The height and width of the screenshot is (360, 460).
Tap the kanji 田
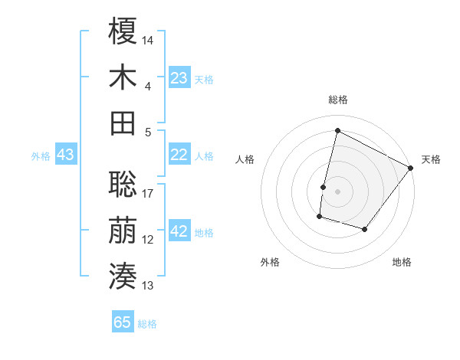123,123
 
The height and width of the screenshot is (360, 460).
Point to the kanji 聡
123,182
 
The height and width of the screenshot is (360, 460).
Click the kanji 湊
123,275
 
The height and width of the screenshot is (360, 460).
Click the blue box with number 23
179,77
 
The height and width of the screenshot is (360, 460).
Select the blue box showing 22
179,155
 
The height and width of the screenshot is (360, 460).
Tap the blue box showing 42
179,232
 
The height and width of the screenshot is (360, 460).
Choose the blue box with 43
66,155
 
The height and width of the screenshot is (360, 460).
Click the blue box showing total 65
123,322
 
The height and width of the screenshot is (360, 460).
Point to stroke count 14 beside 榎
148,39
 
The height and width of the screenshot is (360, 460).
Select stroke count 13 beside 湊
148,286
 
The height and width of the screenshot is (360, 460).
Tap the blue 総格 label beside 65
147,324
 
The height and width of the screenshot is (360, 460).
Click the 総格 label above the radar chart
337,100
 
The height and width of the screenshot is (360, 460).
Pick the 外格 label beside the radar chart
270,262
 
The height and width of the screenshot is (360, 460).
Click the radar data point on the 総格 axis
337,130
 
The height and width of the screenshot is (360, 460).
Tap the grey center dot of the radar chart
337,191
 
